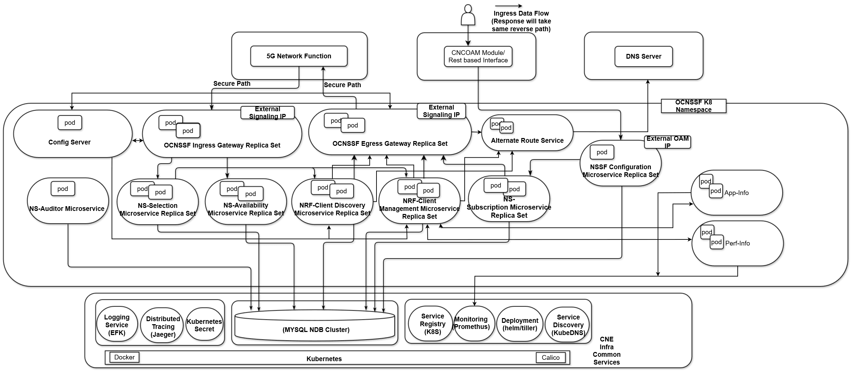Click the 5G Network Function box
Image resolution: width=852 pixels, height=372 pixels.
[298, 56]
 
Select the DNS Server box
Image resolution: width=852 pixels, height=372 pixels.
[643, 56]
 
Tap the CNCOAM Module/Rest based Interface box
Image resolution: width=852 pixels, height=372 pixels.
[478, 56]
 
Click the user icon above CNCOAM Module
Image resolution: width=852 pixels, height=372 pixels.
[468, 15]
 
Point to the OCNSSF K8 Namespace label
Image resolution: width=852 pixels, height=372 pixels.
[693, 106]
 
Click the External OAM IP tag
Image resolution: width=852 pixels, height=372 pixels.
[667, 142]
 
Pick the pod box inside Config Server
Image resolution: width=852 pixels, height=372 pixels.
[70, 122]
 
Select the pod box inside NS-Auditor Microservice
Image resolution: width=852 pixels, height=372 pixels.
[62, 189]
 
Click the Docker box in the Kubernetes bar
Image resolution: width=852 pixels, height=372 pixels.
[124, 357]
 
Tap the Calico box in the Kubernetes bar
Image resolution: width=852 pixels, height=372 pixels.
[550, 357]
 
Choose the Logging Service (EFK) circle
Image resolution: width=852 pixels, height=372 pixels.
[117, 325]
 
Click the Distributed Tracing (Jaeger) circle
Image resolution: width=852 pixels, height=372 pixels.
[163, 326]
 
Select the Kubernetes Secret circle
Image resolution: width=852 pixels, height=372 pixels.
[204, 325]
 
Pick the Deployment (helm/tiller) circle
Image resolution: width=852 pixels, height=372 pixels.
[520, 324]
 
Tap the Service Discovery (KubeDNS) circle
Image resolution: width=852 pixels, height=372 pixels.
[568, 325]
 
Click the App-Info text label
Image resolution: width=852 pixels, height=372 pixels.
[736, 193]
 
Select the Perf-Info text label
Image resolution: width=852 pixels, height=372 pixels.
[737, 243]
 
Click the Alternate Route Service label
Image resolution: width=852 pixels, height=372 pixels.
[527, 140]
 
